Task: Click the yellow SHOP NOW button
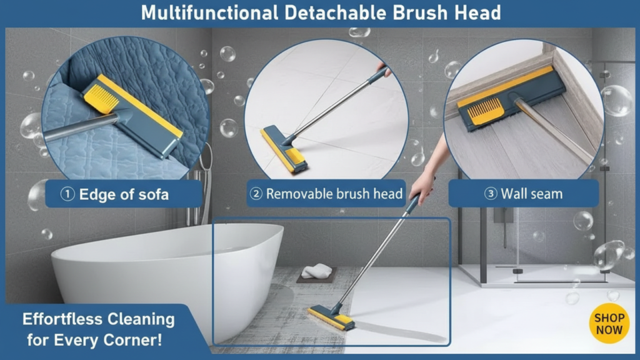[609, 323]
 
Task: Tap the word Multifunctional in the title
[209, 12]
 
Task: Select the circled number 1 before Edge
[67, 194]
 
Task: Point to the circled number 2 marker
[256, 194]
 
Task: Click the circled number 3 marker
[491, 194]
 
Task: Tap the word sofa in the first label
[153, 195]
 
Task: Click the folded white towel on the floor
[317, 271]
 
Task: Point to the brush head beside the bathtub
[331, 317]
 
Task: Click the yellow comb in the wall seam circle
[485, 111]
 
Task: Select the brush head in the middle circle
[284, 149]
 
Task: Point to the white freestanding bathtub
[167, 277]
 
